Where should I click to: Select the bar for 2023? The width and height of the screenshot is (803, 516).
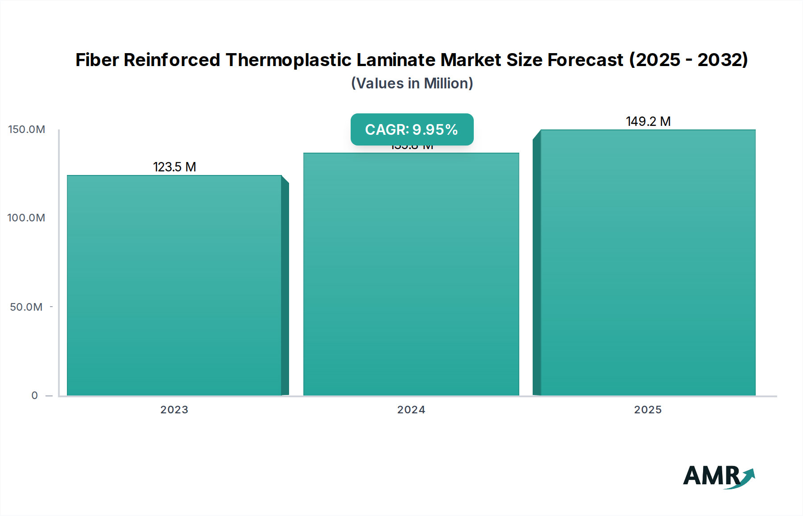[174, 286]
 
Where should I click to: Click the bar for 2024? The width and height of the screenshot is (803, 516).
[411, 275]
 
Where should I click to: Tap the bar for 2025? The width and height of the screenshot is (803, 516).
[648, 263]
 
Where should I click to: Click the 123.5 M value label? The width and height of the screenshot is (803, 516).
[174, 167]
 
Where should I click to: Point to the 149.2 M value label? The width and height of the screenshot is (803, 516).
[648, 121]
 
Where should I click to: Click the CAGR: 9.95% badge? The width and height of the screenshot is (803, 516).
[412, 129]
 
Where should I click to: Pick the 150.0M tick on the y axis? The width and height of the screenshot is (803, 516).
[27, 129]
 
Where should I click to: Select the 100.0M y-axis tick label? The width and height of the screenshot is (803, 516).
[26, 218]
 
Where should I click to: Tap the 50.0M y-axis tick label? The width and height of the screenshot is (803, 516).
[26, 307]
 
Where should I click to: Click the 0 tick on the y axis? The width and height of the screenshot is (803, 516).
[35, 395]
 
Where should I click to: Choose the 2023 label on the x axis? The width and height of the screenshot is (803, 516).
[174, 410]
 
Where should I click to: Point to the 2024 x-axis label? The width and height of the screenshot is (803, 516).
[411, 410]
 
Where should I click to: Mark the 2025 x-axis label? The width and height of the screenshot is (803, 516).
[648, 410]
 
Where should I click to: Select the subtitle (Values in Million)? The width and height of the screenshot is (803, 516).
[412, 83]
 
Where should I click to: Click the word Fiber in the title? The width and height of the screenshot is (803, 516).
[97, 60]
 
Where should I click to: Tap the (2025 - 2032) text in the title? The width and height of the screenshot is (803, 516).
[688, 60]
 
